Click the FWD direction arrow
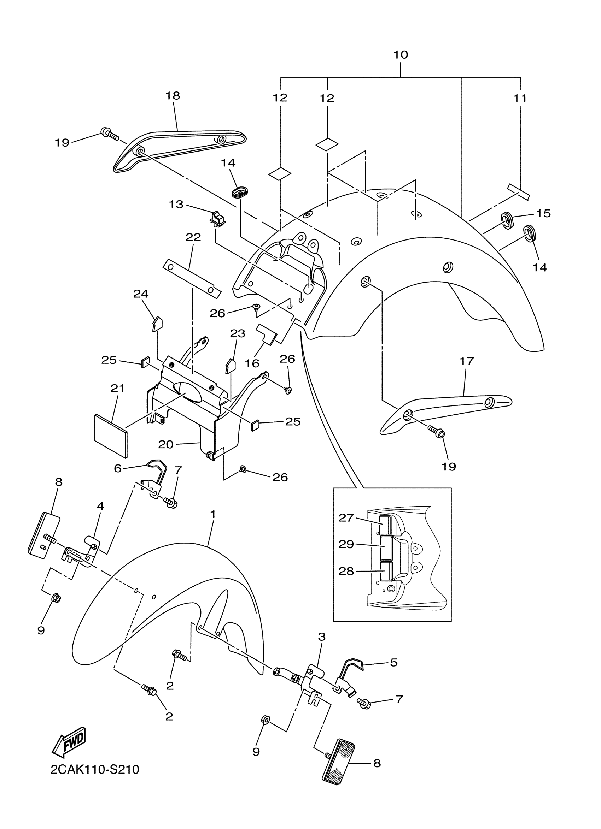[70, 742]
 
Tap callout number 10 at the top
[401, 55]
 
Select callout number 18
[173, 96]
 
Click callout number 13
[176, 204]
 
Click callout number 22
[193, 238]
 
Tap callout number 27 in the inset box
[346, 517]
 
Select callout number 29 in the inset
[346, 544]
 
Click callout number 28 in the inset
[346, 571]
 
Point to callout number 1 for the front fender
[212, 514]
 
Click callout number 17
[466, 361]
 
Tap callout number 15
[543, 213]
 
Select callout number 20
[165, 444]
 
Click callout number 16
[252, 363]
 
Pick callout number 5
[393, 663]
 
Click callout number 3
[321, 637]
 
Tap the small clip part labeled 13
[218, 219]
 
